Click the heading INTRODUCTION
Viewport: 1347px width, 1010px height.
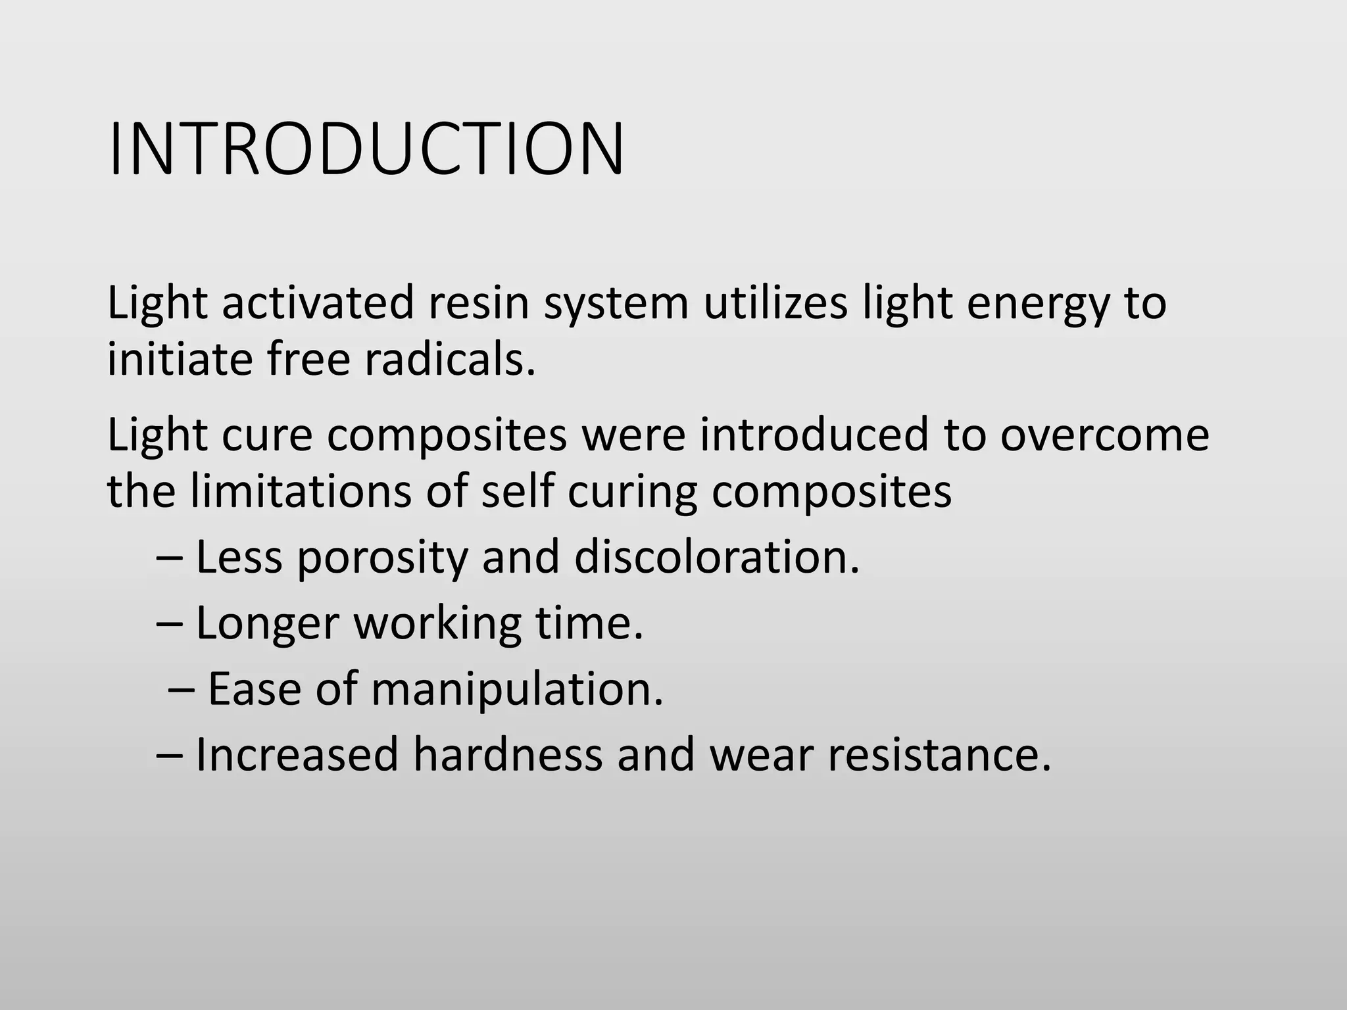point(366,149)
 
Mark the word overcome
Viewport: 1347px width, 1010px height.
point(1104,436)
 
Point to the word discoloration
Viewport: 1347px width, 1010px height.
point(716,557)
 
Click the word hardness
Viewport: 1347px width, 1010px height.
point(508,754)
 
